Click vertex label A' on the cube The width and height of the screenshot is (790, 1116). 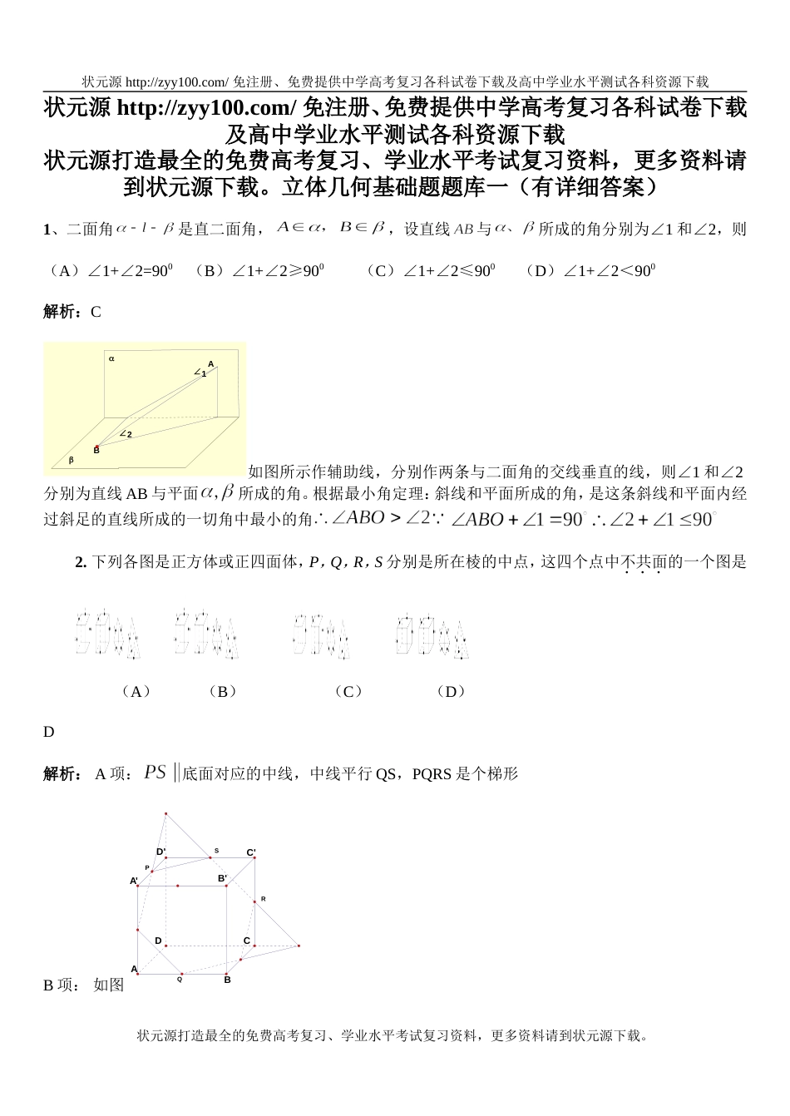[134, 881]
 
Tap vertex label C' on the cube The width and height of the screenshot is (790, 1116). [251, 852]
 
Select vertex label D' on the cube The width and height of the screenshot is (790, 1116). [161, 852]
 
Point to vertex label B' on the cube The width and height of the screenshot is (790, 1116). [223, 878]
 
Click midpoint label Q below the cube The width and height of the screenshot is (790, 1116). [180, 980]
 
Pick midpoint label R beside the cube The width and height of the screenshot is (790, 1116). [264, 899]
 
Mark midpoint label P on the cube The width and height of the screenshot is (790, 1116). [147, 867]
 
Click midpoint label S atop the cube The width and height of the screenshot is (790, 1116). [217, 851]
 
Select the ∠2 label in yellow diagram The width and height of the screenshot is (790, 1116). [126, 434]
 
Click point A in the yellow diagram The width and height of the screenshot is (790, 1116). [211, 364]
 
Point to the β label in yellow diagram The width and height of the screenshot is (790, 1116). [71, 460]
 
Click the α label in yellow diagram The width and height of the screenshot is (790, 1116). [111, 359]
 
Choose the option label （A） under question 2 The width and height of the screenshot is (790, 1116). [136, 691]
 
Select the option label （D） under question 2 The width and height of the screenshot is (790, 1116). [450, 691]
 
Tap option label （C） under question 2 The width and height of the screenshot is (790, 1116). [347, 691]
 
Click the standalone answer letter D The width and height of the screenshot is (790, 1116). [48, 732]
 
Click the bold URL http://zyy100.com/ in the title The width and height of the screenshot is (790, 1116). [206, 107]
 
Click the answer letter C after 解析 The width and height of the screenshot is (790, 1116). [96, 312]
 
